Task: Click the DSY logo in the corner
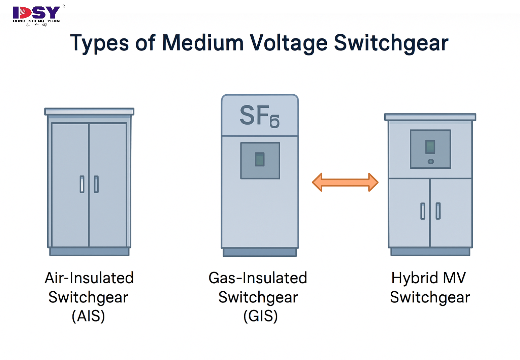point(36,15)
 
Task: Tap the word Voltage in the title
point(288,43)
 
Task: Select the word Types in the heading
point(99,43)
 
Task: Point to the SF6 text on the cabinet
point(259,116)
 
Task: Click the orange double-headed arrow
point(345,182)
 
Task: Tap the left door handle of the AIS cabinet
point(82,184)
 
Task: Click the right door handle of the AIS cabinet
point(96,184)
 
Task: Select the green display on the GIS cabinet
point(260,159)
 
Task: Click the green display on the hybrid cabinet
point(430,147)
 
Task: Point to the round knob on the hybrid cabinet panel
point(431,162)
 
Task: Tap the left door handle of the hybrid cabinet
point(423,211)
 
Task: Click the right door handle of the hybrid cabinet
point(438,211)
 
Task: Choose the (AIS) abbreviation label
point(88,316)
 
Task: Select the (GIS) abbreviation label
point(260,316)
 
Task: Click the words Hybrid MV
point(428,278)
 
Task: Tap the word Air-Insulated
point(89,278)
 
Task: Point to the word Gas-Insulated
point(258,278)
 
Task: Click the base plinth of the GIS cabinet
point(260,252)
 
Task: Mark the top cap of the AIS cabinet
point(89,111)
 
